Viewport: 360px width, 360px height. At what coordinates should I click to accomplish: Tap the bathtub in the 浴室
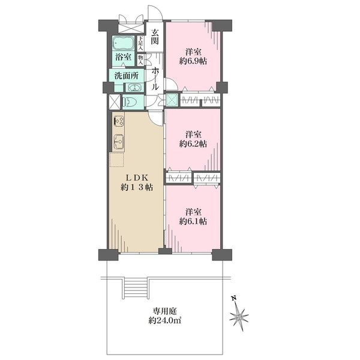pos(123,43)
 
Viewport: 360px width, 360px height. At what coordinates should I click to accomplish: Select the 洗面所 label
pos(127,76)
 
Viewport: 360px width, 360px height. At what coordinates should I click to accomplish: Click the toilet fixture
pos(130,101)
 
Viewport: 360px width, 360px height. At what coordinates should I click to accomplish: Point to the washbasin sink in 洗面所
pos(134,88)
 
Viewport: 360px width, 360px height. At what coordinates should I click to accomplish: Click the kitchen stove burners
pos(119,121)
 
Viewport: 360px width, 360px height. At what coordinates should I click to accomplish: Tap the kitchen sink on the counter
pos(119,142)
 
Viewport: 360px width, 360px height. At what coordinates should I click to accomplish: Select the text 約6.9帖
pos(193,61)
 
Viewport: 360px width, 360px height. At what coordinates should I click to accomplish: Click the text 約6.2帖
pos(193,144)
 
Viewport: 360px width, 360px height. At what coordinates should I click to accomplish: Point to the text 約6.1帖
pos(193,221)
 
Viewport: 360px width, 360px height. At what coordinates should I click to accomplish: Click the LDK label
pos(137,178)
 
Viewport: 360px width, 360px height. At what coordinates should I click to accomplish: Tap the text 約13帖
pos(137,188)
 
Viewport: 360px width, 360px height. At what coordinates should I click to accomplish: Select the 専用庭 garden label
pos(165,311)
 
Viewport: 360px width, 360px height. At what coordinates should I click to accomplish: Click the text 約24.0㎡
pos(165,321)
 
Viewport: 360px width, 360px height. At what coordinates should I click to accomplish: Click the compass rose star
pos(239,318)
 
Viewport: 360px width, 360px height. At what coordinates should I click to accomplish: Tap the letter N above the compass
pos(234,298)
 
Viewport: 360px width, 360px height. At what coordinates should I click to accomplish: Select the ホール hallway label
pos(155,79)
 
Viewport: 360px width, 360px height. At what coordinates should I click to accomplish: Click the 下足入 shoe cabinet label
pos(140,44)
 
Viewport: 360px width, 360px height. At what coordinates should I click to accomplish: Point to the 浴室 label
pos(123,57)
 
